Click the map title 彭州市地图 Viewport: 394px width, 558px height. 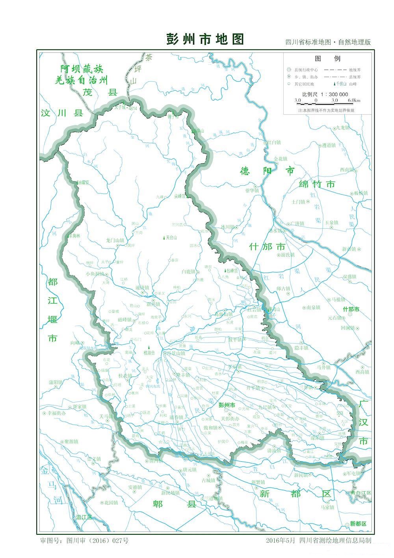[205, 39]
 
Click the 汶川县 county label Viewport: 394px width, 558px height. [62, 114]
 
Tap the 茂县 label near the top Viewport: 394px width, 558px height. [100, 92]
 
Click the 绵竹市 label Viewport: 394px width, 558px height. [317, 184]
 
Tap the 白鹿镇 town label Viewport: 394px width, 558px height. [189, 272]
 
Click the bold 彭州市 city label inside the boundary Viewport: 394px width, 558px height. [227, 405]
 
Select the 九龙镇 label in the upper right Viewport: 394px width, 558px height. [341, 128]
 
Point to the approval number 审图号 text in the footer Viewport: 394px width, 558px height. [84, 540]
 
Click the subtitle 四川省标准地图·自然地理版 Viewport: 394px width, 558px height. [328, 42]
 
